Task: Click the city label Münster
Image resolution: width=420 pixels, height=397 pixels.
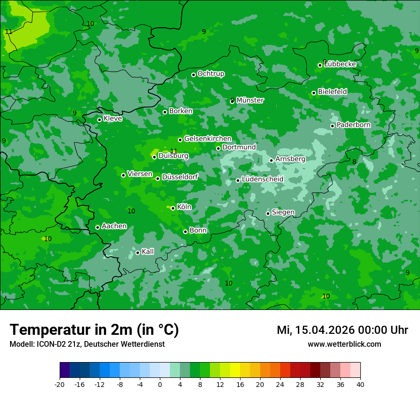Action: coord(250,100)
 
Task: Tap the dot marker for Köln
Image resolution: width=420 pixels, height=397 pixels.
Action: coord(173,208)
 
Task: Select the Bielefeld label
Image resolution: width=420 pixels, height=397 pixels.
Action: coord(332,92)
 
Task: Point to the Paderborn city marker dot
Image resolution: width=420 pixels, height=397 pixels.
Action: coord(333,126)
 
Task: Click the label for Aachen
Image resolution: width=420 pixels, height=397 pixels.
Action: coord(114,226)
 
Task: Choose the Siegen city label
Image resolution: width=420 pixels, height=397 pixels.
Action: coord(283,212)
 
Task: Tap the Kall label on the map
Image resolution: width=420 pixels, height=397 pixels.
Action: coord(147,252)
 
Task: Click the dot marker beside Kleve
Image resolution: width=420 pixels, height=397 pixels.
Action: coord(99,120)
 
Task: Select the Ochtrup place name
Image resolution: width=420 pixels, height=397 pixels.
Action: coord(210,74)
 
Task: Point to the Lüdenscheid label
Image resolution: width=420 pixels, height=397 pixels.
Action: coord(262,179)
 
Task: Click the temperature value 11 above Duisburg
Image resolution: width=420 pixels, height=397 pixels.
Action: coord(174,151)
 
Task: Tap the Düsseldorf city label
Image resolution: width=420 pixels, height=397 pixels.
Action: coord(180,177)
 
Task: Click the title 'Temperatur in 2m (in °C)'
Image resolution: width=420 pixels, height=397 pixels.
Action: coord(94,330)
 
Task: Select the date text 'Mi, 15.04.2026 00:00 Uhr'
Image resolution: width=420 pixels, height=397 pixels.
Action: coord(342,330)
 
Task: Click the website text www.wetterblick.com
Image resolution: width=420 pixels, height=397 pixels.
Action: coord(344,344)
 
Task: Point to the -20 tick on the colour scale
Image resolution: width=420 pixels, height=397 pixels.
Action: coord(60,385)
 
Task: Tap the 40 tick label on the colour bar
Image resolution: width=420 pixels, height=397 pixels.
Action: coord(360,385)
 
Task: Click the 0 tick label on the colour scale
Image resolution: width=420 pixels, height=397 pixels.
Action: coord(160,385)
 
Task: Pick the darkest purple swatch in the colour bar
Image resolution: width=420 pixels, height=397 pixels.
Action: coord(64,370)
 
